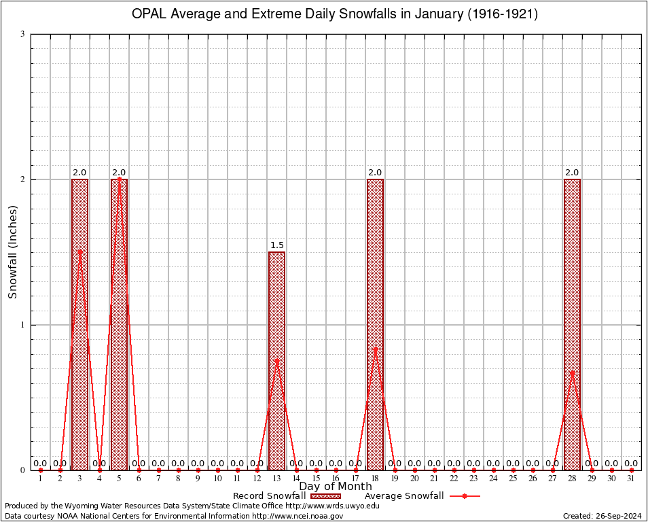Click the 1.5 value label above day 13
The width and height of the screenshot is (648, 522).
pos(276,245)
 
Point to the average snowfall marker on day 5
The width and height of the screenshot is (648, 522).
pos(119,179)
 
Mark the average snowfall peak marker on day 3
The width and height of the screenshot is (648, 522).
pos(79,251)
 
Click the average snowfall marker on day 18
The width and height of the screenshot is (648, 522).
pos(375,349)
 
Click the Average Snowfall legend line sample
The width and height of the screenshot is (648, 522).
pos(464,496)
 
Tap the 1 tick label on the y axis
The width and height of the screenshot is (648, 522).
pos(22,325)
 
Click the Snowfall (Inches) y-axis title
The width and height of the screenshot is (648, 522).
pos(12,252)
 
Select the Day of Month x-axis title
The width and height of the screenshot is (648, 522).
pos(336,487)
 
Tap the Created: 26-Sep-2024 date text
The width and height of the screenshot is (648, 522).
pos(602,516)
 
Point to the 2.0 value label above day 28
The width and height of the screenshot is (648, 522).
pos(572,173)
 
